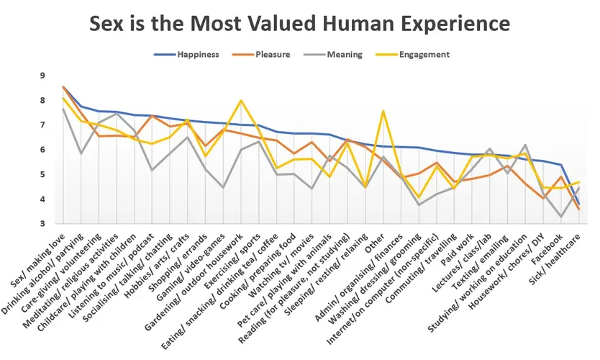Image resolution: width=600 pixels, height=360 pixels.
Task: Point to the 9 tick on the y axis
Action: tap(42, 76)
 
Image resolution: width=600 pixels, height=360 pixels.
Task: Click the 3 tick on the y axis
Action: tap(42, 224)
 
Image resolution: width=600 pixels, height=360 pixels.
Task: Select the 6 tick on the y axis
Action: tap(42, 150)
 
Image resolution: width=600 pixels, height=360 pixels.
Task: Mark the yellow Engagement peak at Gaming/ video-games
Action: tap(241, 100)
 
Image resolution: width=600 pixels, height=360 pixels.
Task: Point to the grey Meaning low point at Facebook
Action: tap(560, 217)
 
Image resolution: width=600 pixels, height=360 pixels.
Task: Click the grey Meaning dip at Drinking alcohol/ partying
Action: tap(81, 153)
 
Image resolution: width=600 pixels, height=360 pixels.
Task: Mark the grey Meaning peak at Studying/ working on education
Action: tap(524, 145)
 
